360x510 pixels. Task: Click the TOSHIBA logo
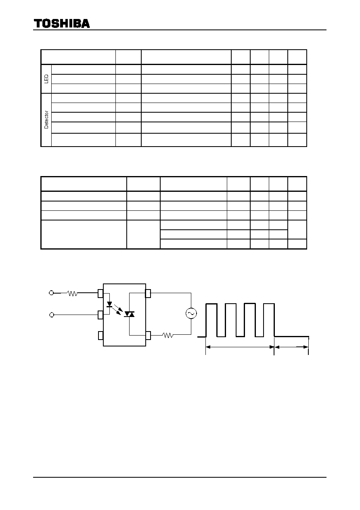pos(62,24)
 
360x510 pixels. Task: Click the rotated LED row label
pos(46,79)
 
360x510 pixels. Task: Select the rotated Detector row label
pos(46,120)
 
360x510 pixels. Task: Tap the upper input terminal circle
pos(51,293)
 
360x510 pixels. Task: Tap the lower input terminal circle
pos(52,315)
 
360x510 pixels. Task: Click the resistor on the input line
pos(73,294)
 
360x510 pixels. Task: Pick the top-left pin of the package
pos(100,294)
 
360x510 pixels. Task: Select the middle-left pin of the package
pos(100,315)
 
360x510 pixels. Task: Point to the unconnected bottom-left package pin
pos(100,336)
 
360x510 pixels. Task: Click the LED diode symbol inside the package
pos(109,304)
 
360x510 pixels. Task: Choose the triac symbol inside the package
pos(129,314)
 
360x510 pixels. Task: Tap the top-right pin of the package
pos(148,293)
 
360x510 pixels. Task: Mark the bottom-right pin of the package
pos(148,336)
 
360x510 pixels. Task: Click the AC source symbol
pos(191,313)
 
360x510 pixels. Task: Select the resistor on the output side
pos(168,335)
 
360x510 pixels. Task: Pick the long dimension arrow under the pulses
pos(240,347)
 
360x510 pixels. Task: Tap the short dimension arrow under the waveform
pos(291,347)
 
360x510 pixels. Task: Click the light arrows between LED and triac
pos(117,310)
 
